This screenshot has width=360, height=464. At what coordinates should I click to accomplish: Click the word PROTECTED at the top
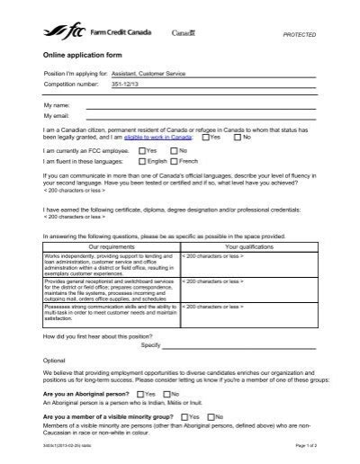coord(300,33)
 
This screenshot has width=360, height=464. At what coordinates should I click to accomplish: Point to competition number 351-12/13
coord(100,84)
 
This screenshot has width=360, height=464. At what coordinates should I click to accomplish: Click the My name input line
coord(198,105)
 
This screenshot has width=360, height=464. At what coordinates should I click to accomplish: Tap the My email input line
coord(198,116)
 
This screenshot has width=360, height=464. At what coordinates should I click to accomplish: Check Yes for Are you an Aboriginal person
coord(139,393)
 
